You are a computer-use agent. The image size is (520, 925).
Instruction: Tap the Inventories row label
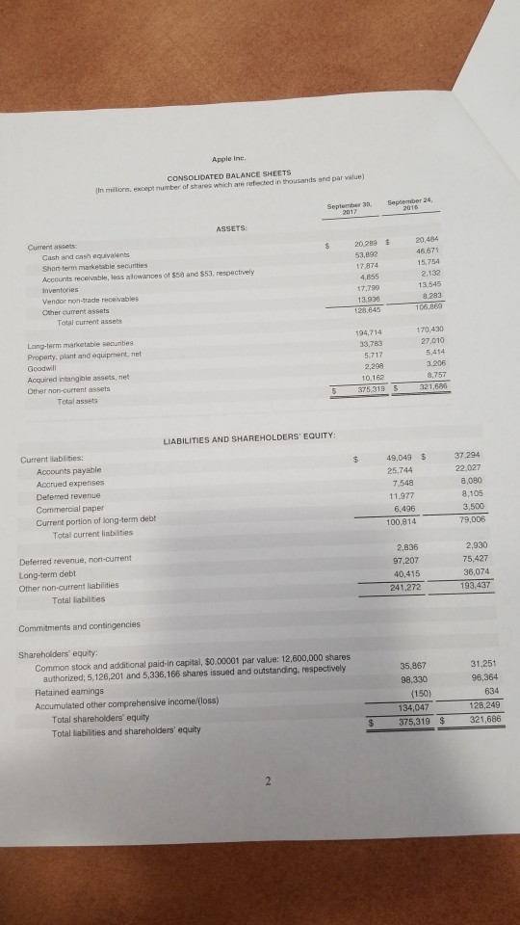(x=44, y=274)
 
